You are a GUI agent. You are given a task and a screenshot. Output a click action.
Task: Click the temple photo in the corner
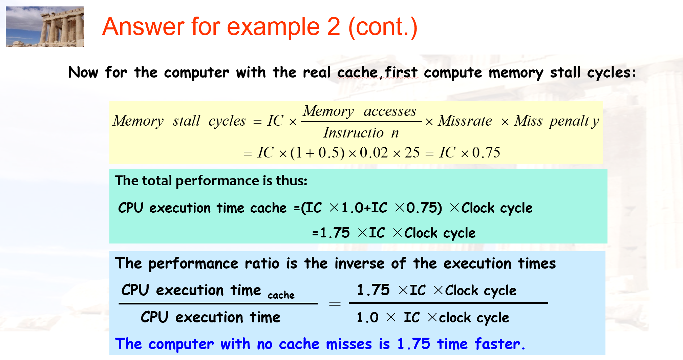click(45, 27)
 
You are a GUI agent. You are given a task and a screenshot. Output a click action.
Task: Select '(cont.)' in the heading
click(383, 27)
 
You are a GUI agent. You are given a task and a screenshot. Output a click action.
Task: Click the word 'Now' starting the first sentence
click(83, 72)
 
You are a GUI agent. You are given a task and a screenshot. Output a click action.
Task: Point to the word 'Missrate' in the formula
click(465, 121)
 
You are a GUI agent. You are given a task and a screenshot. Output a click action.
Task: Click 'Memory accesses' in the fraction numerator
click(360, 111)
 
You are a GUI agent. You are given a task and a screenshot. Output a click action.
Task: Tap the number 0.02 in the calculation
click(373, 153)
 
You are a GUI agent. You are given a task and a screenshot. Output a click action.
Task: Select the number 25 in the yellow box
click(412, 153)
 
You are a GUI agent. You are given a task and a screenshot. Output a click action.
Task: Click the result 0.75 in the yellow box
click(486, 153)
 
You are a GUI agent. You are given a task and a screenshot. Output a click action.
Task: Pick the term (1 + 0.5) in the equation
click(317, 153)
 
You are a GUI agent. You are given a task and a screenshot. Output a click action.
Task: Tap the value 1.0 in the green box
click(352, 208)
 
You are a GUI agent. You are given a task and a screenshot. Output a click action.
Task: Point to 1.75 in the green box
click(335, 233)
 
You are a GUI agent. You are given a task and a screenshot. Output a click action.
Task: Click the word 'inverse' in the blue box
click(359, 263)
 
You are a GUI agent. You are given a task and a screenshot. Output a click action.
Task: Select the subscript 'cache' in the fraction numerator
click(281, 295)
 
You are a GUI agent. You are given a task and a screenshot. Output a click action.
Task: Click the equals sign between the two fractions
click(335, 303)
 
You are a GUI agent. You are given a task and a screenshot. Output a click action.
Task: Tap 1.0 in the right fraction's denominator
click(367, 318)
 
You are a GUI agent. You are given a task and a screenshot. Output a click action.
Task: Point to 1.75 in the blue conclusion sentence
click(413, 344)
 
